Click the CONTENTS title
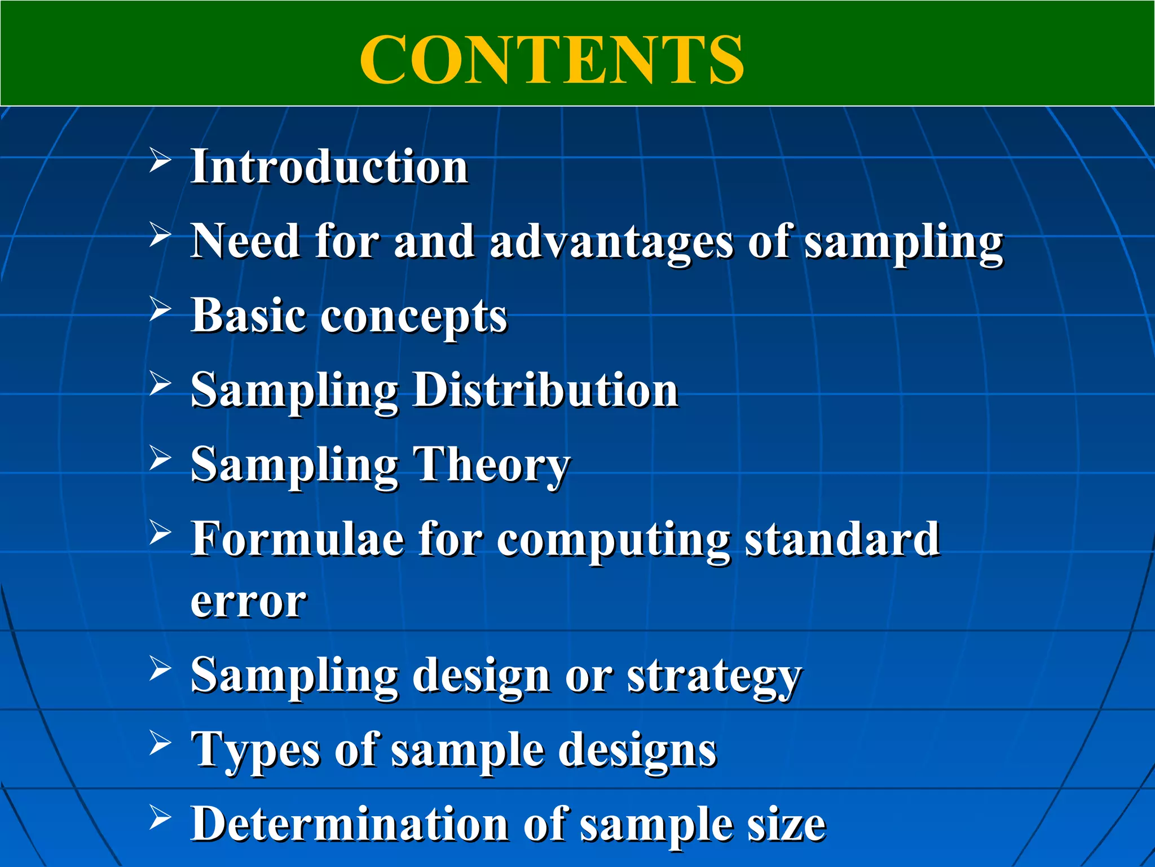click(x=552, y=59)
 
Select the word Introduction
click(x=330, y=167)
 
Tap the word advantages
click(x=612, y=242)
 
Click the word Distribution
click(x=546, y=390)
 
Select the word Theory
click(x=492, y=465)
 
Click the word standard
click(x=843, y=539)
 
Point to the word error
click(x=249, y=603)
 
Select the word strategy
click(x=714, y=676)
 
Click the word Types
click(x=257, y=751)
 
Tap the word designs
click(x=637, y=751)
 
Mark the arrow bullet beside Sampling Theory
click(x=160, y=458)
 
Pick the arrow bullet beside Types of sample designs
click(x=160, y=743)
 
